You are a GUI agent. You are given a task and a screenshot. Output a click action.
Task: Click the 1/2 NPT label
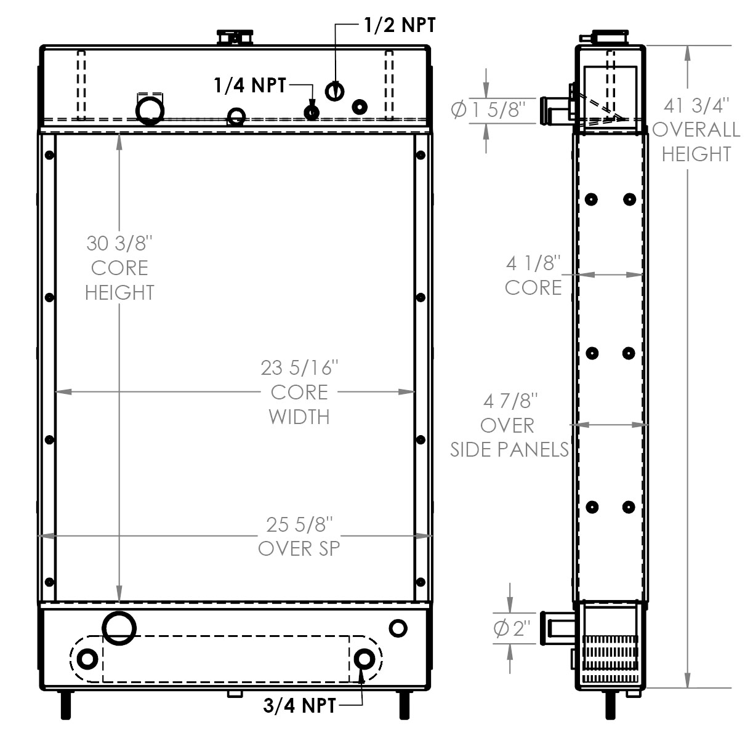[400, 25]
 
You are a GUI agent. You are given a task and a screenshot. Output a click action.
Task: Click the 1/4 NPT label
[250, 85]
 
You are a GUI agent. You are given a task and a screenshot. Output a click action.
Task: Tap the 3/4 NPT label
[299, 705]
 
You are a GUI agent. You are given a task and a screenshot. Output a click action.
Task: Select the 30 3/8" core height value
[119, 244]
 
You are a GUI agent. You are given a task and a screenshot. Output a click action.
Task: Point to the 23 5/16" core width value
[299, 368]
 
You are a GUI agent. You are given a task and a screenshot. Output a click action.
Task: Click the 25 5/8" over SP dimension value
[299, 524]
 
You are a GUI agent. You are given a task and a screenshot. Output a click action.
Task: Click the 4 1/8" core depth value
[533, 264]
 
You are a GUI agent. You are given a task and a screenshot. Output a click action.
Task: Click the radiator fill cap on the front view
[234, 37]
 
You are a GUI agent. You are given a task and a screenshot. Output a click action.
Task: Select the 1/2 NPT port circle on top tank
[334, 91]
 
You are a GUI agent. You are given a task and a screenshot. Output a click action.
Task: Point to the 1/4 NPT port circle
[312, 112]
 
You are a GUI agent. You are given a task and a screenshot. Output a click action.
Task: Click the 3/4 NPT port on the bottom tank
[364, 659]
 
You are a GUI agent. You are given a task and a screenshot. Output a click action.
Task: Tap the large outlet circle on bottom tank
[119, 628]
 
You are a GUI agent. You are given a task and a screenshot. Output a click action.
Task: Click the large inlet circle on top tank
[150, 110]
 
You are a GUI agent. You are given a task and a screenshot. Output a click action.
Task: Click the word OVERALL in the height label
[696, 130]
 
